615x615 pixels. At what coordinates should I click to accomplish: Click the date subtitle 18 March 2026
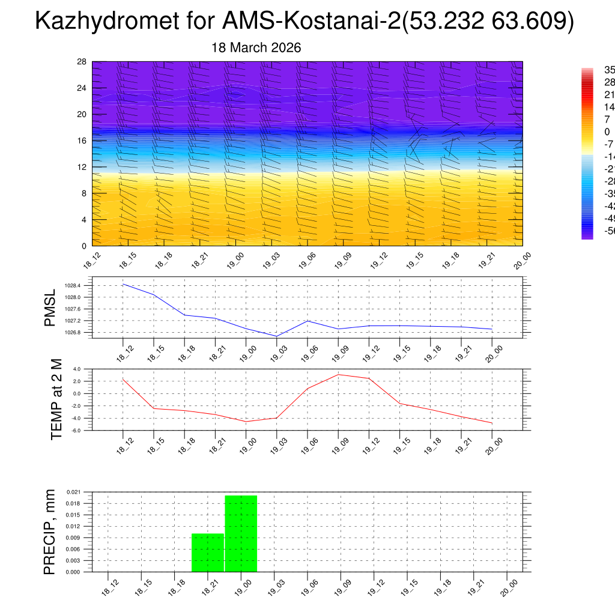point(256,47)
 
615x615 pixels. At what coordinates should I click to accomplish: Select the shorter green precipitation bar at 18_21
point(208,553)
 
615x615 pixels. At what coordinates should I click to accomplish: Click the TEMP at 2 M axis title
point(56,399)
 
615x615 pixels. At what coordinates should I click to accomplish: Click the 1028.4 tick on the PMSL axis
point(73,286)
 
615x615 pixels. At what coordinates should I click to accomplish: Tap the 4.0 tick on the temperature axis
point(76,369)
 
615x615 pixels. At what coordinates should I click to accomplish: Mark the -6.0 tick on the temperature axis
point(76,431)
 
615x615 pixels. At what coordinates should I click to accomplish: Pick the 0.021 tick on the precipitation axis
point(72,492)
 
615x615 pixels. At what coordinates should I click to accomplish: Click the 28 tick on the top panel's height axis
point(82,62)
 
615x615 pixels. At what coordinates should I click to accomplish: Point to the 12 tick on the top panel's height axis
point(82,167)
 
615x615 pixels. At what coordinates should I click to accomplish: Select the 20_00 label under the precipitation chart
point(508,587)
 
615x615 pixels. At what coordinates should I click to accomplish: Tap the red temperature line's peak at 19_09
point(338,375)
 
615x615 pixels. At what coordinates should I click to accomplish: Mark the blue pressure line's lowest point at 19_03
point(276,336)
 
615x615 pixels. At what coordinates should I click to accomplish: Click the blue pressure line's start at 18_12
point(123,284)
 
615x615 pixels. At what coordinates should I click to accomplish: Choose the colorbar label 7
point(590,120)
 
